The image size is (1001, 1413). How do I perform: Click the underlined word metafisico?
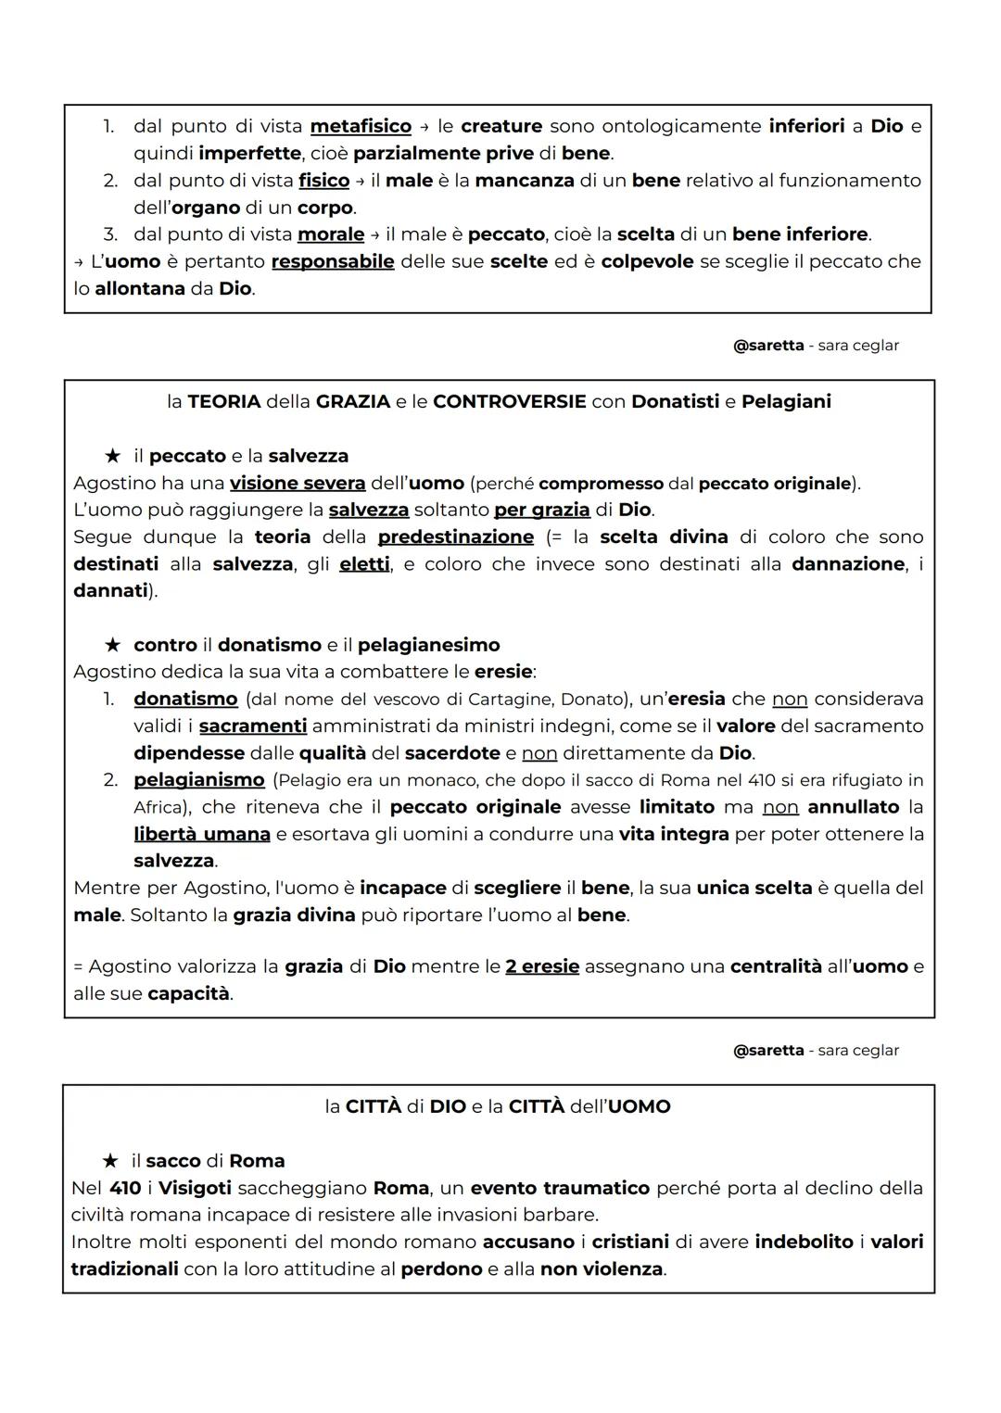(361, 126)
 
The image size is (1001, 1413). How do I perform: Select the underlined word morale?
(331, 234)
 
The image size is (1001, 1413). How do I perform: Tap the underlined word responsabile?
(333, 261)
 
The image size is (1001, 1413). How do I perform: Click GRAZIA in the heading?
(353, 402)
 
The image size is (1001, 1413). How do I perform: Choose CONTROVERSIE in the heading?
(509, 402)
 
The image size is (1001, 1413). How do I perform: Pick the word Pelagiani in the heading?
(786, 402)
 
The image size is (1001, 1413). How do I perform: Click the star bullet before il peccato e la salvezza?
(112, 456)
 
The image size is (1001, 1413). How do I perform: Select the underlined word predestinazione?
(456, 537)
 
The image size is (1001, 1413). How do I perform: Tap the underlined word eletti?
(364, 564)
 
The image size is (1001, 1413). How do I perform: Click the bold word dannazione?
(848, 564)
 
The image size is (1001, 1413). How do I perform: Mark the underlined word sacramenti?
(253, 726)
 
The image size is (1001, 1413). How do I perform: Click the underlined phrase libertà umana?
(202, 835)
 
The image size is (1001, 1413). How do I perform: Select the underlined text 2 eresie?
(542, 967)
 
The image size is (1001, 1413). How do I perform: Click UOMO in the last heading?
(639, 1107)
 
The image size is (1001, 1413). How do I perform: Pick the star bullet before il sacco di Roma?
(110, 1161)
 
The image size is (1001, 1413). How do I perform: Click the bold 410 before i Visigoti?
(125, 1189)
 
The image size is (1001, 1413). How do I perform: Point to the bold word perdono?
(441, 1269)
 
